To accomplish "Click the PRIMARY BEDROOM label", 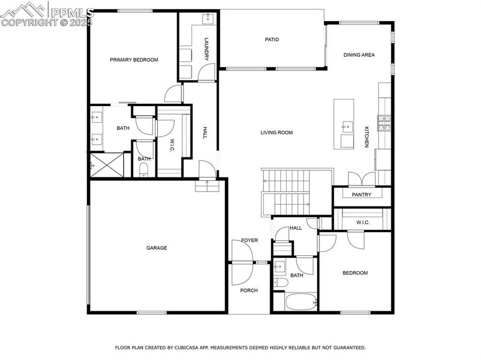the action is click(x=134, y=60).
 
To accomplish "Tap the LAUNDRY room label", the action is click(x=207, y=49).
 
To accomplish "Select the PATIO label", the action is click(x=272, y=40).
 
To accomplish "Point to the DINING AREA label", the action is click(x=359, y=55).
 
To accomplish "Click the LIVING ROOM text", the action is click(x=276, y=132).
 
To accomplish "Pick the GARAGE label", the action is click(x=157, y=248).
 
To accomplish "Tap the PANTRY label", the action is click(x=361, y=195).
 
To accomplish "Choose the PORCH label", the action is click(x=249, y=290).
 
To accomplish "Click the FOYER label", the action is click(x=249, y=240).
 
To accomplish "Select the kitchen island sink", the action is click(x=348, y=126).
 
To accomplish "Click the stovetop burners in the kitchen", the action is click(x=384, y=123).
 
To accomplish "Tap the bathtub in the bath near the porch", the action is click(x=301, y=302).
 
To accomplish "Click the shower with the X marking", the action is click(x=107, y=164).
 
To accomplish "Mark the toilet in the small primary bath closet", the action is click(x=143, y=170).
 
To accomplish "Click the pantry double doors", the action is click(x=362, y=179).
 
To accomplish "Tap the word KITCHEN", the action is click(x=366, y=137).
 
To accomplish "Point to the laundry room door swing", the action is click(x=207, y=73).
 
